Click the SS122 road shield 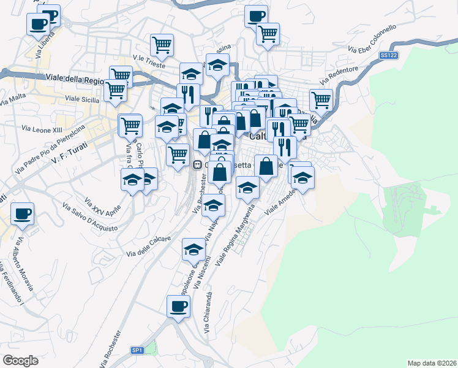(387, 56)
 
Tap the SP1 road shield (137, 350)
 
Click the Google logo (20, 361)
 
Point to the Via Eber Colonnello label (372, 38)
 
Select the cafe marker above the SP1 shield (178, 307)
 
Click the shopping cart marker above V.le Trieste (162, 45)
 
